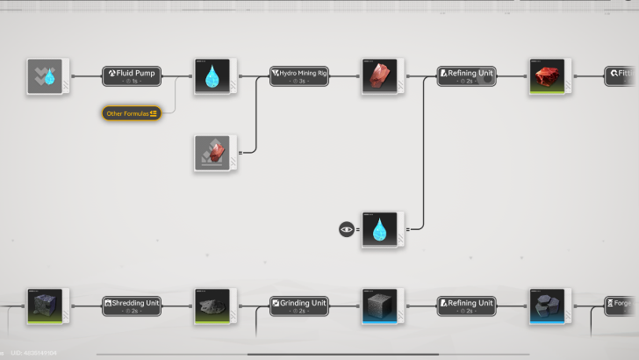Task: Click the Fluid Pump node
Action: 132,76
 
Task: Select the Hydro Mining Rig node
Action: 299,76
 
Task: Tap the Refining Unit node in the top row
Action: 467,76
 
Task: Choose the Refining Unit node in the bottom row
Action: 467,306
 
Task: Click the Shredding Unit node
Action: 132,306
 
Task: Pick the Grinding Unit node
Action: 299,306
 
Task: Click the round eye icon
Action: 348,230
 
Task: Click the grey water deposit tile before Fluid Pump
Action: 47,77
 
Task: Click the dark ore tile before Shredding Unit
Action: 47,306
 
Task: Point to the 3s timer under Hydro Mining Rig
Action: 299,81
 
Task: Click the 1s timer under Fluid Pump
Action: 132,81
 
